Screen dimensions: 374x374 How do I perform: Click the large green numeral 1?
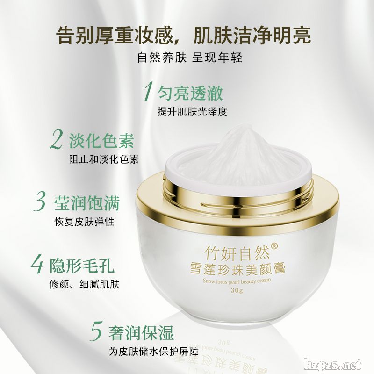148,91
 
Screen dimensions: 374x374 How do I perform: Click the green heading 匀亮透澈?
190,93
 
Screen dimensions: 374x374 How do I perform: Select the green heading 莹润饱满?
87,203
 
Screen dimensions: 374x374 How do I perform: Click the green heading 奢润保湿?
141,332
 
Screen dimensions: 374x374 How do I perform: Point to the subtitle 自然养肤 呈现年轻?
190,58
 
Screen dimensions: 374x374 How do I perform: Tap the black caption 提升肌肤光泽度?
192,111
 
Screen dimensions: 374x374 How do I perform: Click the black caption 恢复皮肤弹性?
85,222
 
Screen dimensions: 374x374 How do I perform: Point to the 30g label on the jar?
237,290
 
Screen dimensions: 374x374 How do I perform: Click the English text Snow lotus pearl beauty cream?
237,281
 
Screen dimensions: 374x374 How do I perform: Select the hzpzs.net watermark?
333,365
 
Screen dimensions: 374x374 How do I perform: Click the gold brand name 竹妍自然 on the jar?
237,253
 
